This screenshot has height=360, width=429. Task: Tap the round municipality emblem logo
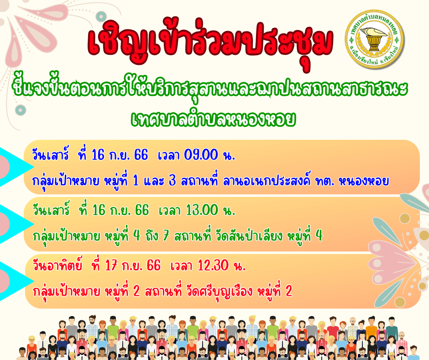[x=374, y=39]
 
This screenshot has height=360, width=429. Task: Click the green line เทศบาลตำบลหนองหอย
[x=214, y=119]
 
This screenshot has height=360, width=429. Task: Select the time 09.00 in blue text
[x=201, y=155]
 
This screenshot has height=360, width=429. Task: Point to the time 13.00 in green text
[x=202, y=211]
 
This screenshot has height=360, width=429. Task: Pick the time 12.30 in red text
[x=213, y=265]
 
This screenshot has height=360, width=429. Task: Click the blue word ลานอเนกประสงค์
[x=267, y=181]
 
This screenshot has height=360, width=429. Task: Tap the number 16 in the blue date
[x=98, y=155]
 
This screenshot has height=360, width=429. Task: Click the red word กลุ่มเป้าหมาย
[x=66, y=291]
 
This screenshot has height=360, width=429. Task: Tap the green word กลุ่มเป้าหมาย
[x=66, y=236]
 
